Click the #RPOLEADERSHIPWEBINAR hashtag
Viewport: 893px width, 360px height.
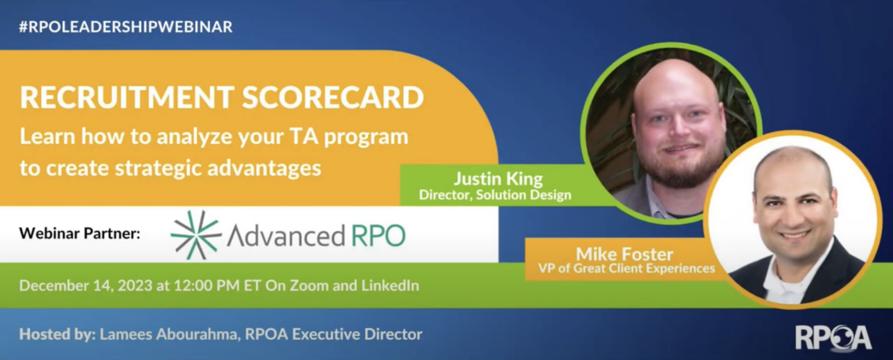[x=126, y=27]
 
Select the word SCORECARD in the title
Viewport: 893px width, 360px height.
[x=333, y=98]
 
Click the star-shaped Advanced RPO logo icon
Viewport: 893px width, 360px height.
[x=195, y=234]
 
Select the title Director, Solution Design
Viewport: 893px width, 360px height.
[x=495, y=195]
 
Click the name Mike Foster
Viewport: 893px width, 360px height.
[x=616, y=254]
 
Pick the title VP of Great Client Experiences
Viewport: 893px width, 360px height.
[x=620, y=268]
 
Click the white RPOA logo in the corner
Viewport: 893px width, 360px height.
[x=833, y=337]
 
